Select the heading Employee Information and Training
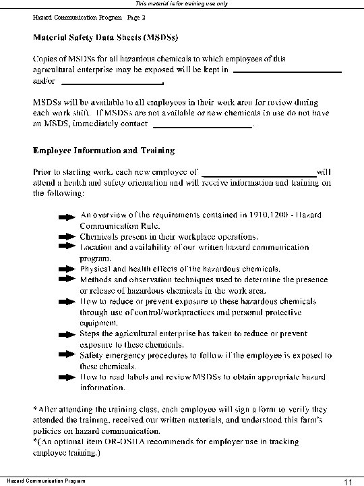pyautogui.click(x=104, y=150)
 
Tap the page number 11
pyautogui.click(x=348, y=481)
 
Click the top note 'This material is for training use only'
pyautogui.click(x=182, y=4)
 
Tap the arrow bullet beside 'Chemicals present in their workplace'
pyautogui.click(x=67, y=238)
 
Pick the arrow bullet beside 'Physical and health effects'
pyautogui.click(x=67, y=269)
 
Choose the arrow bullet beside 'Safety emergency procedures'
pyautogui.click(x=67, y=354)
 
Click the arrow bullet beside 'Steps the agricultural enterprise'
pyautogui.click(x=67, y=333)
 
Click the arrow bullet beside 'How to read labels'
pyautogui.click(x=67, y=375)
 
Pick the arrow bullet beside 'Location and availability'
pyautogui.click(x=67, y=248)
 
